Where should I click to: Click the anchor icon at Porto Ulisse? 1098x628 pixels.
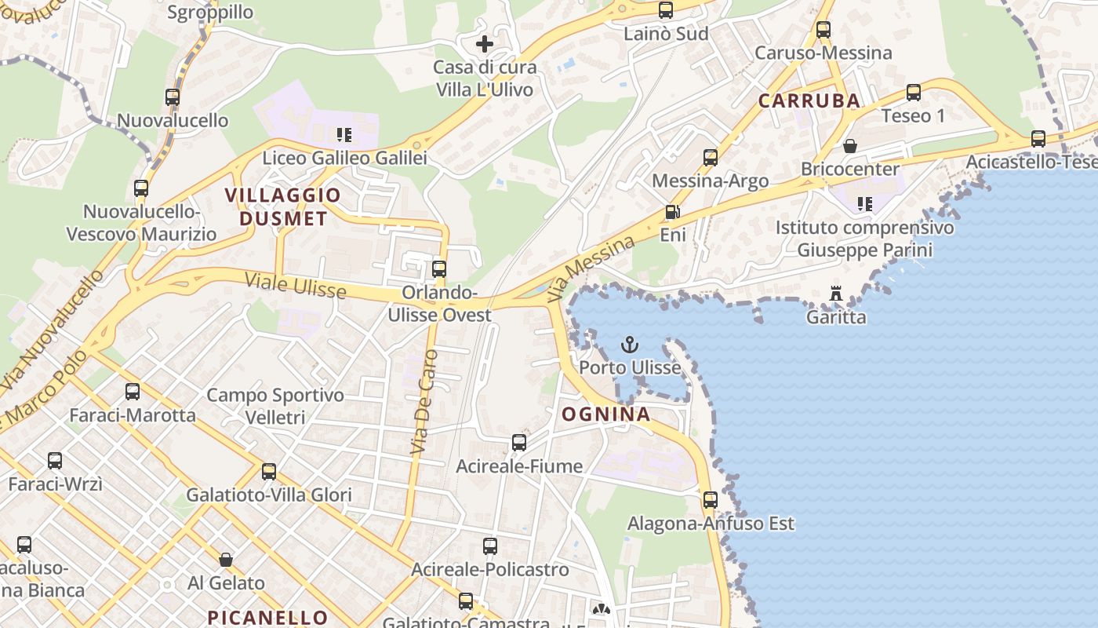click(629, 345)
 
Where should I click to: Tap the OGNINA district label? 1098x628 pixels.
click(605, 414)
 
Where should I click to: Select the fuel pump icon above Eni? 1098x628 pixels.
click(672, 212)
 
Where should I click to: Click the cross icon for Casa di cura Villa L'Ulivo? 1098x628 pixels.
click(485, 44)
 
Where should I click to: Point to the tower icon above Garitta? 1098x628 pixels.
click(836, 294)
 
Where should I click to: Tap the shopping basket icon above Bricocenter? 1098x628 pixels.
click(849, 146)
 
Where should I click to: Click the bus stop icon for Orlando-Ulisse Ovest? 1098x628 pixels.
click(439, 269)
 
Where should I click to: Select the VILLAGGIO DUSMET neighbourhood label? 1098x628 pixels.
click(283, 206)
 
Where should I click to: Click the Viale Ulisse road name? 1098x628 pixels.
click(295, 285)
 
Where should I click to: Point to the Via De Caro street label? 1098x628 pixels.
click(424, 403)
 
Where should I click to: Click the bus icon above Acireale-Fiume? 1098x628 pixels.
click(519, 443)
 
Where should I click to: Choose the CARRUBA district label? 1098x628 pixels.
click(809, 100)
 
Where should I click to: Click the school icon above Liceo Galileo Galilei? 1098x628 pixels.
click(344, 135)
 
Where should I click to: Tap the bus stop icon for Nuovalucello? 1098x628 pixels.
click(173, 98)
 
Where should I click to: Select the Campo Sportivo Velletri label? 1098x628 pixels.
click(275, 406)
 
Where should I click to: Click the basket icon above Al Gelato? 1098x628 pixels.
click(226, 560)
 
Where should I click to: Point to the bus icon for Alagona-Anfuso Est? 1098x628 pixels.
click(711, 500)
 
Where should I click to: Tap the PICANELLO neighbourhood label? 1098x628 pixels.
click(267, 617)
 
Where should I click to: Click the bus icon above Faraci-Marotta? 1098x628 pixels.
click(133, 392)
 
